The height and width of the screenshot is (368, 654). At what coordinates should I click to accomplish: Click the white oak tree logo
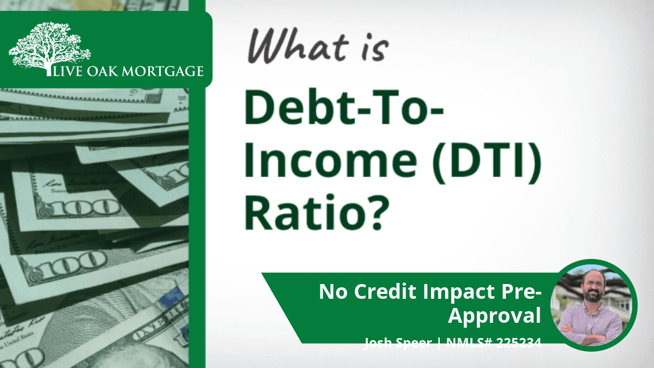pyautogui.click(x=50, y=48)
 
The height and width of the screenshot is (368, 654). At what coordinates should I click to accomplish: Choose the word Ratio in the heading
pyautogui.click(x=302, y=212)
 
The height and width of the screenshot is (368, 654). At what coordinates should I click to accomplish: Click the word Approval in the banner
pyautogui.click(x=494, y=316)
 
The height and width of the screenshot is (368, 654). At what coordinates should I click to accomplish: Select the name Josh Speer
pyautogui.click(x=398, y=342)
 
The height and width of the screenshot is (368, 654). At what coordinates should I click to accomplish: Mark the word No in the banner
pyautogui.click(x=333, y=292)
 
